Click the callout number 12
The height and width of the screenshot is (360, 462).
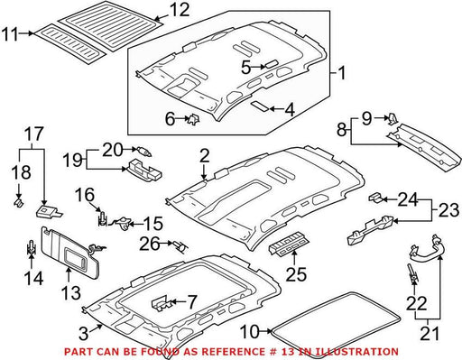pyautogui.click(x=179, y=10)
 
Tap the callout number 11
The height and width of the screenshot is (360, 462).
pyautogui.click(x=10, y=33)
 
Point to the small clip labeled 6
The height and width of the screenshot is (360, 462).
pyautogui.click(x=193, y=119)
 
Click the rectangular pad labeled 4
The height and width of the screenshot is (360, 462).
pyautogui.click(x=260, y=106)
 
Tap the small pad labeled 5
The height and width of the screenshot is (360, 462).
pyautogui.click(x=271, y=64)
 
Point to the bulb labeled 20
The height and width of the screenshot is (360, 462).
pyautogui.click(x=144, y=151)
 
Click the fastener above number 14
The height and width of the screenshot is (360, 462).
pyautogui.click(x=31, y=247)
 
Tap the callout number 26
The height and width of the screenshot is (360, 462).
pyautogui.click(x=150, y=245)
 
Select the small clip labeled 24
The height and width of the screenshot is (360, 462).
pyautogui.click(x=375, y=198)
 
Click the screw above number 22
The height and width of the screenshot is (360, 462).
pyautogui.click(x=411, y=272)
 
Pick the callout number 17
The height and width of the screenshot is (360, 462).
pyautogui.click(x=34, y=134)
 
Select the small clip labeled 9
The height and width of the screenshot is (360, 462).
pyautogui.click(x=393, y=118)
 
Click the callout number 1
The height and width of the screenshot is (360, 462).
pyautogui.click(x=341, y=73)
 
